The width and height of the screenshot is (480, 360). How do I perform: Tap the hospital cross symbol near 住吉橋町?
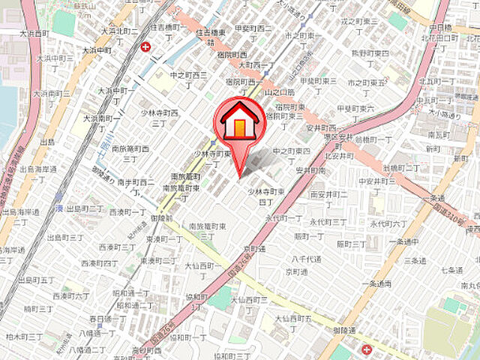click(x=145, y=47)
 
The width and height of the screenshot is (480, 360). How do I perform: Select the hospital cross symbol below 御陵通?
click(x=365, y=349)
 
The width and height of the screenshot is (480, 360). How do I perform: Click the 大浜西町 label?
click(x=34, y=34)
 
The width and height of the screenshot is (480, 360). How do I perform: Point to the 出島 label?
click(x=48, y=141)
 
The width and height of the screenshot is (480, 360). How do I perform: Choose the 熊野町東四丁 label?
click(x=370, y=58)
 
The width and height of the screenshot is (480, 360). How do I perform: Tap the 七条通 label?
click(x=451, y=268)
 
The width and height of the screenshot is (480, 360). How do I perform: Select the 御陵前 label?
click(x=160, y=217)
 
